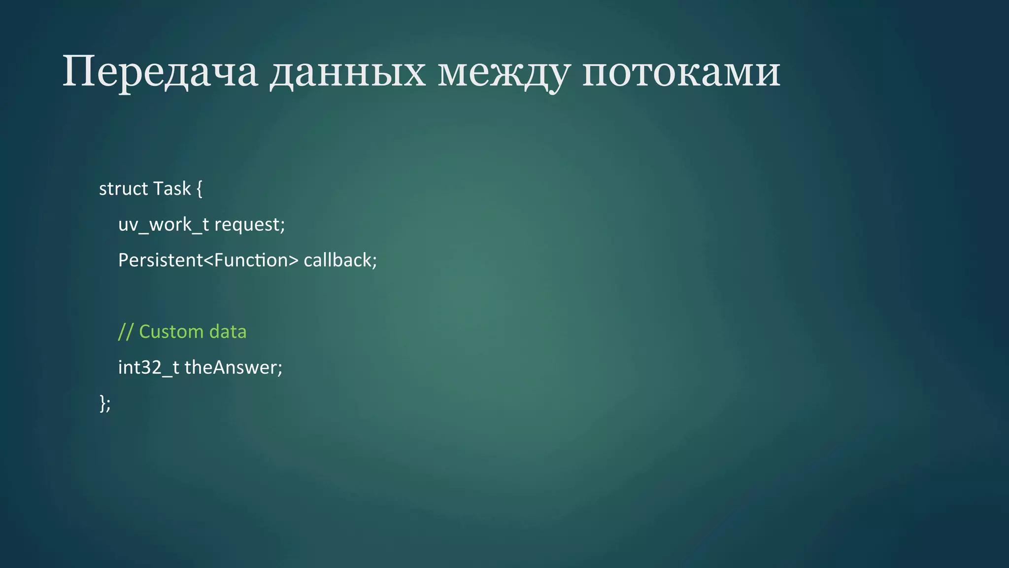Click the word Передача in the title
160,72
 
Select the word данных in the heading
347,72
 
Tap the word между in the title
503,72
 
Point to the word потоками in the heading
681,72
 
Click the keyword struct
123,189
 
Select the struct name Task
171,189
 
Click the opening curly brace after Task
199,189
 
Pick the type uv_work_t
164,225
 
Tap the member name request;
250,225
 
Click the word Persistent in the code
160,260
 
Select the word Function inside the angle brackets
251,260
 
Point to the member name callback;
340,260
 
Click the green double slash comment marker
125,332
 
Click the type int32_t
148,368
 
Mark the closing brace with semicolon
105,403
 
